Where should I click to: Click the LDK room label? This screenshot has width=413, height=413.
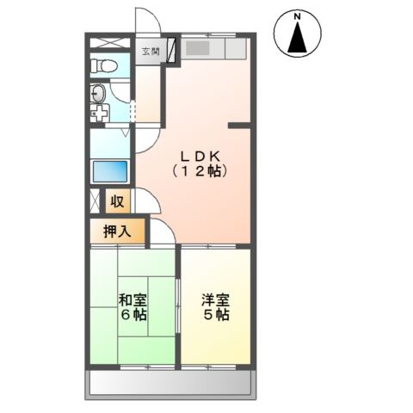200,156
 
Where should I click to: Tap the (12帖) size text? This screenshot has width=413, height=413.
200,171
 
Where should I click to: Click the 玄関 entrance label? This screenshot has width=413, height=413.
151,52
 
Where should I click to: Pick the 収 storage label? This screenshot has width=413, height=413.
118,202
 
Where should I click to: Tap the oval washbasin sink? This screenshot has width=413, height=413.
97,94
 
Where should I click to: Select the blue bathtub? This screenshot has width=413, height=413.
109,170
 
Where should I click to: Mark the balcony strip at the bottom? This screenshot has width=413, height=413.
170,382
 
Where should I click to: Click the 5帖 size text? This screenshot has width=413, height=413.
216,315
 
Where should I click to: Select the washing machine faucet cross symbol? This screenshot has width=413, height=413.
99,113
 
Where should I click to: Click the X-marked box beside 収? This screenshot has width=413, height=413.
95,202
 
